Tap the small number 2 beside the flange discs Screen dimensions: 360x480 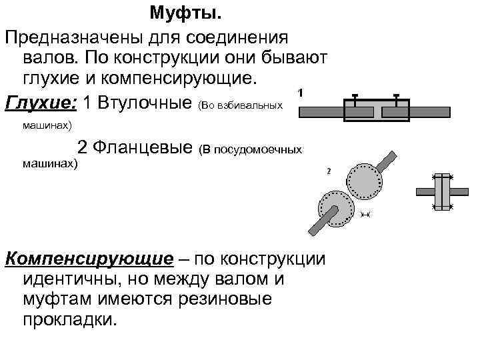(x=329, y=171)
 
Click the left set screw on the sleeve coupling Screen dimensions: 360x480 (x=355, y=99)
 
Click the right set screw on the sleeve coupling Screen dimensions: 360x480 (x=397, y=99)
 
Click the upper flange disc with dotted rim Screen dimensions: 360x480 (x=364, y=179)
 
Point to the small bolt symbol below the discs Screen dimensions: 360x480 (x=365, y=215)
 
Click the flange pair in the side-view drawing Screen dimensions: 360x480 (x=442, y=192)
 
